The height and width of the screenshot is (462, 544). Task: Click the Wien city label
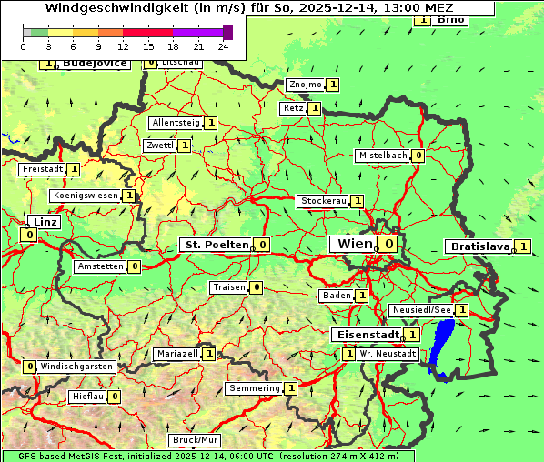tap(354, 244)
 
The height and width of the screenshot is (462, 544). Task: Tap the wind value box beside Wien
tap(388, 244)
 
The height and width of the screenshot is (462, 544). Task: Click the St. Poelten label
tap(216, 245)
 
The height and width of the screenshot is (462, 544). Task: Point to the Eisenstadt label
tap(368, 335)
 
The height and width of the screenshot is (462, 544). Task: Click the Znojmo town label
tap(305, 85)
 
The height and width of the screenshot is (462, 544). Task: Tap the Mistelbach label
tap(383, 156)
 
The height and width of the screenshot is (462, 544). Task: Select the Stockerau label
tap(323, 201)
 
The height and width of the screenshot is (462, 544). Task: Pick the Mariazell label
tap(177, 354)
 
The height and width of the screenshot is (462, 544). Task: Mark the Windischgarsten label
tap(76, 367)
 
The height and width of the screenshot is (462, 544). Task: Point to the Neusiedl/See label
tap(421, 310)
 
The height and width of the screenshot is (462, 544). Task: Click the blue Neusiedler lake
tap(443, 346)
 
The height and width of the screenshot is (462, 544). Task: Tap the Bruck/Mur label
tap(195, 440)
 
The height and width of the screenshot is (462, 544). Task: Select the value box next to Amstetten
tap(134, 266)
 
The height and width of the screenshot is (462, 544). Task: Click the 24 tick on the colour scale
tap(223, 45)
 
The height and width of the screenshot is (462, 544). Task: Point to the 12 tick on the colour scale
tap(123, 45)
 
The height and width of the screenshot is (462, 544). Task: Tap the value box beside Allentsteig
tap(210, 123)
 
